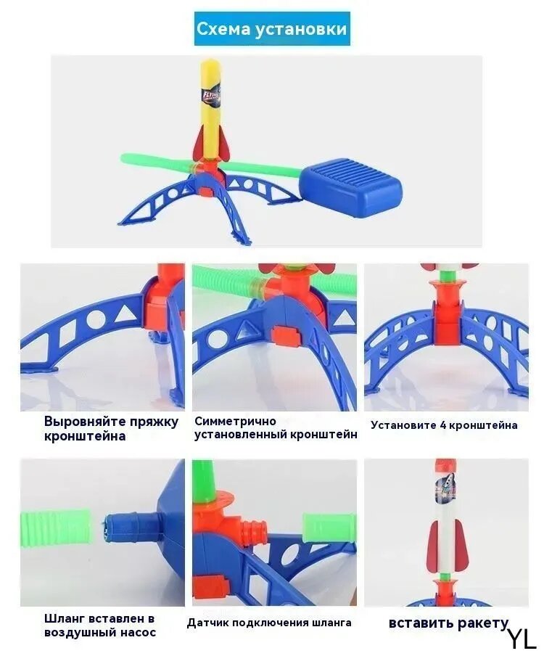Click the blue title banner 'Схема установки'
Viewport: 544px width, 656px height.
pos(272,29)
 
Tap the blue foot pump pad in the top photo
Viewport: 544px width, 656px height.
pos(350,184)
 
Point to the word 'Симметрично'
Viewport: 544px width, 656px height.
pos(236,420)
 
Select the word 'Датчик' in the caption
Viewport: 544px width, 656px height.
pos(207,623)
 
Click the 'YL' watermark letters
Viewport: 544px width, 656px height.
pos(522,639)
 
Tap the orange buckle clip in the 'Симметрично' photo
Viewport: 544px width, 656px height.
pos(287,335)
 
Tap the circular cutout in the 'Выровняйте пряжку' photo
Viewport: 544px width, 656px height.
pos(96,319)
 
